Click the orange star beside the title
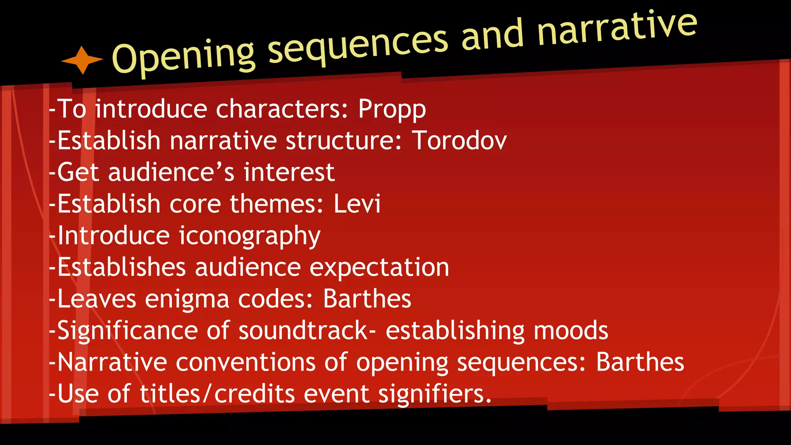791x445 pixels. (82, 60)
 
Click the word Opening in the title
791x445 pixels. (183, 56)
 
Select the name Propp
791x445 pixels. (392, 109)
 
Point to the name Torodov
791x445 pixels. (459, 140)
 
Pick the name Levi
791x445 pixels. (357, 204)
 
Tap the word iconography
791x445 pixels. (249, 236)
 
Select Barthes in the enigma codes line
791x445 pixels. (367, 299)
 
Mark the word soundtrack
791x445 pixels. (303, 331)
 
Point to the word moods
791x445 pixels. (570, 331)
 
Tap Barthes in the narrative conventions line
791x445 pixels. (640, 362)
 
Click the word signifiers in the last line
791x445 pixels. (435, 394)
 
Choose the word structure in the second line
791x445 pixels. (344, 140)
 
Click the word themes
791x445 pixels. (277, 204)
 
